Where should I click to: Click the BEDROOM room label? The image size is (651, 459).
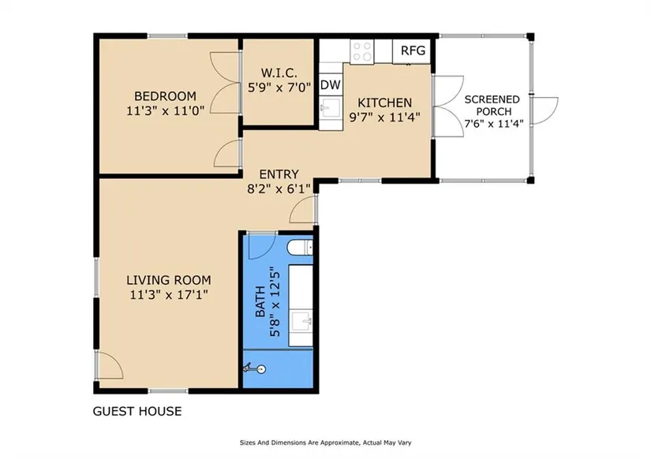click(165, 96)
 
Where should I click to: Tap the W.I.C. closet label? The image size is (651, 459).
click(279, 73)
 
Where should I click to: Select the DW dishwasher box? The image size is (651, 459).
click(331, 84)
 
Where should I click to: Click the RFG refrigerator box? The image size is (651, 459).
click(412, 50)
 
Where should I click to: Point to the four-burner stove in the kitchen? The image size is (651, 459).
click(362, 51)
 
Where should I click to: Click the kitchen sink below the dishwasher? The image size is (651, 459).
click(331, 109)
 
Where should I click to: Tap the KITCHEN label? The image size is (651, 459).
click(385, 103)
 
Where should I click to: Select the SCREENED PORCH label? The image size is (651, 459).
click(492, 106)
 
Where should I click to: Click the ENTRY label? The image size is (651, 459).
click(279, 174)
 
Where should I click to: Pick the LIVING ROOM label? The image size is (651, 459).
click(169, 280)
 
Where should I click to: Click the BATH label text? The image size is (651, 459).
click(260, 301)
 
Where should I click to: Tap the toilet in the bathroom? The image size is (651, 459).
click(300, 248)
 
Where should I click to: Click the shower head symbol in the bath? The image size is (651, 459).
click(254, 368)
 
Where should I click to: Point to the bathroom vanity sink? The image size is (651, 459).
click(301, 321)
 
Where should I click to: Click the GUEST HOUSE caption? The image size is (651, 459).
click(137, 411)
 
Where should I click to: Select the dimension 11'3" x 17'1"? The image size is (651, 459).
click(169, 295)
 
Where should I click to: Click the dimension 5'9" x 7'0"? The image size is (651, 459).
click(279, 88)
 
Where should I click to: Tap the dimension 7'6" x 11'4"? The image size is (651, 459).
click(494, 123)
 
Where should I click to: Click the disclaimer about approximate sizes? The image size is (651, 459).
click(325, 442)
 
